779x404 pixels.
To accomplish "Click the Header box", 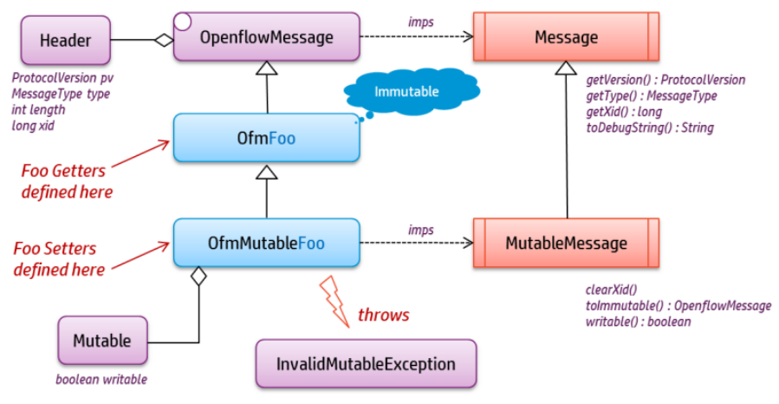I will coord(65,40).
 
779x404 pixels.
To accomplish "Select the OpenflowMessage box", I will coord(265,36).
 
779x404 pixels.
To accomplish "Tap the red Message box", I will coord(566,36).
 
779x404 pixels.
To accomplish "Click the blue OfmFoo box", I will coord(266,137).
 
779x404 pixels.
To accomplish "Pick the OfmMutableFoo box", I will coord(266,243).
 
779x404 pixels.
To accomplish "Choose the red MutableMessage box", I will coord(566,243).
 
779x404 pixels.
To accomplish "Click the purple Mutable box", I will coord(102,341).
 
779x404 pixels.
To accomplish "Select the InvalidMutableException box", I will coord(367,363).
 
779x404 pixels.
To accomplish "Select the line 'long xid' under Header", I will coord(34,126).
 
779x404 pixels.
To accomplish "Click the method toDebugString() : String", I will coord(650,127).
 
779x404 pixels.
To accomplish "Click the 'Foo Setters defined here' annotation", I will coord(61,259).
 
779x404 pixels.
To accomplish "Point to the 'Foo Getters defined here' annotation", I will coord(68,179).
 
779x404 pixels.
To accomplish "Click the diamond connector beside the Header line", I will coord(164,40).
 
